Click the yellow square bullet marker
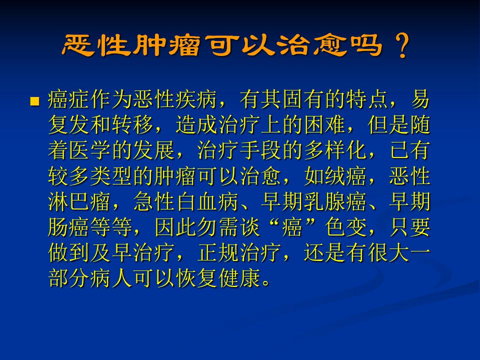tap(35, 101)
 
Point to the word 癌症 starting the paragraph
tap(69, 99)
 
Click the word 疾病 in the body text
tap(197, 99)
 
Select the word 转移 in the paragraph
tap(133, 125)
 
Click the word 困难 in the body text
tap(325, 125)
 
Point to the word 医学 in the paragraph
tap(90, 150)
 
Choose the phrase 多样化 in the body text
tap(336, 150)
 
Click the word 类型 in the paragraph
tap(111, 176)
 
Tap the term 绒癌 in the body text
tap(346, 176)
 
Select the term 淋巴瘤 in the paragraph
tap(80, 201)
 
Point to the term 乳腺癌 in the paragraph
tap(336, 201)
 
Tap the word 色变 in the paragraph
tap(346, 227)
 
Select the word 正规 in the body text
tap(218, 253)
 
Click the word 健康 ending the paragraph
tap(240, 278)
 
